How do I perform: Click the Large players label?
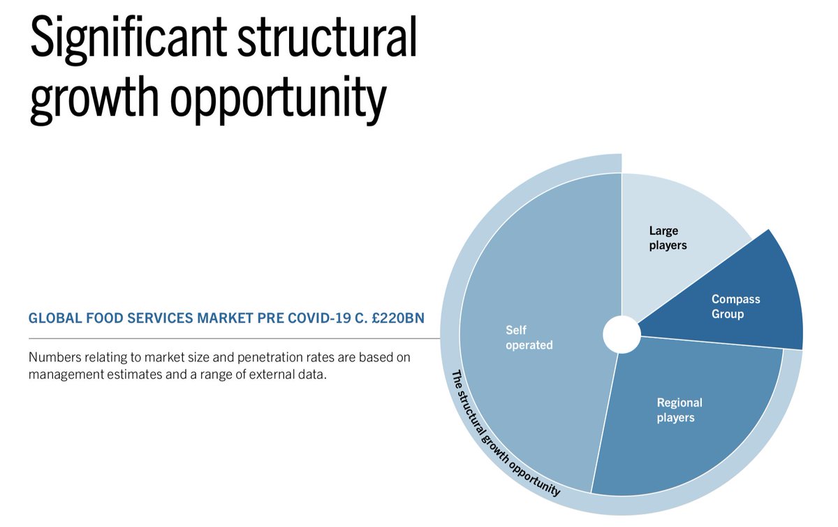(668, 238)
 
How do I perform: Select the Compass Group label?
(735, 306)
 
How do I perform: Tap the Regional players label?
(679, 410)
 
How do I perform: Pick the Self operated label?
(529, 337)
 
